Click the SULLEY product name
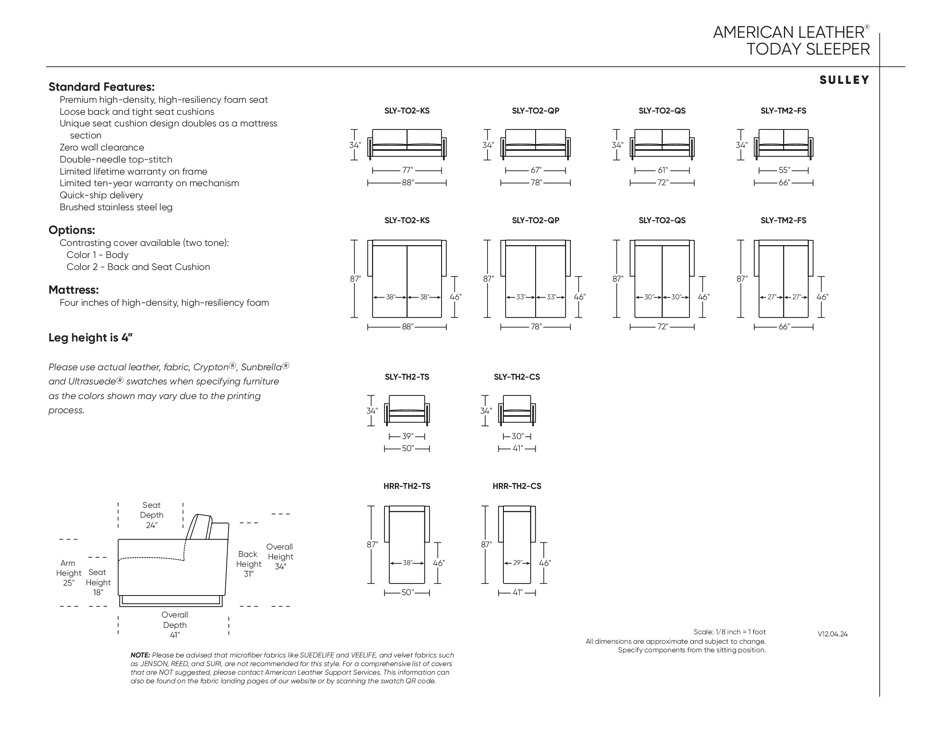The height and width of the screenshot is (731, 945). click(844, 80)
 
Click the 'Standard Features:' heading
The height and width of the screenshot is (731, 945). click(101, 87)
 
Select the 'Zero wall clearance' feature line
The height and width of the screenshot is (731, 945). click(102, 147)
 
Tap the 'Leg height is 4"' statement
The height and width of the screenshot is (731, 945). click(91, 338)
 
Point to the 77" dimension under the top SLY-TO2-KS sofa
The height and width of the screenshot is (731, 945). click(407, 170)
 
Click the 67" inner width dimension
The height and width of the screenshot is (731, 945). click(536, 170)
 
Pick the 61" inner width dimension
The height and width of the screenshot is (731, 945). click(662, 170)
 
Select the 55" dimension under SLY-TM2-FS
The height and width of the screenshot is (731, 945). click(784, 170)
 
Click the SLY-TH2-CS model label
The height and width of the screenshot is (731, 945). click(517, 377)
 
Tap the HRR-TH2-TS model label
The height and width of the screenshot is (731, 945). click(407, 486)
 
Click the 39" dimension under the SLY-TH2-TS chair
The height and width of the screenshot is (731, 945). click(407, 436)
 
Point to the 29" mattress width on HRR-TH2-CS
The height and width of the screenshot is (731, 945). click(517, 563)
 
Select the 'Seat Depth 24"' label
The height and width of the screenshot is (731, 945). click(152, 515)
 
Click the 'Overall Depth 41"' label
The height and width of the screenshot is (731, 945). click(174, 624)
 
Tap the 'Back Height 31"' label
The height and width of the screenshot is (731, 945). click(248, 564)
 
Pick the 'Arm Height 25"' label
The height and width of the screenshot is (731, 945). click(68, 573)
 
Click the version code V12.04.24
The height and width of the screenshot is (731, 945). click(832, 634)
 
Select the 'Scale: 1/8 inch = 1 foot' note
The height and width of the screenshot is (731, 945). click(729, 632)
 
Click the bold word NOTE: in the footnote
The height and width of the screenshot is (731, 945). click(140, 655)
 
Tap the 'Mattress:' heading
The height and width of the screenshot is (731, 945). click(73, 290)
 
